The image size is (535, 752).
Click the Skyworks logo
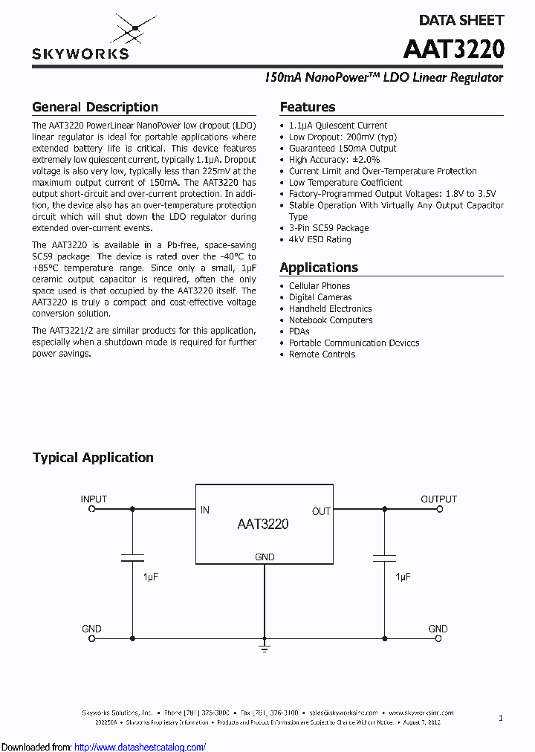click(80, 39)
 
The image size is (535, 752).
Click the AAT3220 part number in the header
click(453, 49)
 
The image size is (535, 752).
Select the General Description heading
click(95, 107)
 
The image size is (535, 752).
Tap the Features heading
click(308, 107)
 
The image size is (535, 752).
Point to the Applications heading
click(319, 268)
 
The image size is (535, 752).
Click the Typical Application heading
click(93, 458)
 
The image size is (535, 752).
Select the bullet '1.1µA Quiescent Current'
click(338, 126)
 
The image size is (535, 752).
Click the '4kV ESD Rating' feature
click(320, 239)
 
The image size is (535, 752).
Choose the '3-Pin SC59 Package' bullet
click(328, 228)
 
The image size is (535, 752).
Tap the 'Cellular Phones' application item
click(320, 286)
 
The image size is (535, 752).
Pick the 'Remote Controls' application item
click(322, 354)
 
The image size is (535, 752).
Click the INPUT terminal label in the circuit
click(94, 499)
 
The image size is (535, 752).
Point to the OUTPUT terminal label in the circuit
click(438, 499)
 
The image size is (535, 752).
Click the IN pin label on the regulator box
click(205, 510)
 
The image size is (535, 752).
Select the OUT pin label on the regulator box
click(321, 511)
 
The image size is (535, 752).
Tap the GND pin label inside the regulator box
click(265, 557)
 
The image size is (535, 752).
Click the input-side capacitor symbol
click(132, 557)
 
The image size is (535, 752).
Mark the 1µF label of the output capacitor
click(403, 577)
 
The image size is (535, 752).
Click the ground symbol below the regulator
click(265, 649)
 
